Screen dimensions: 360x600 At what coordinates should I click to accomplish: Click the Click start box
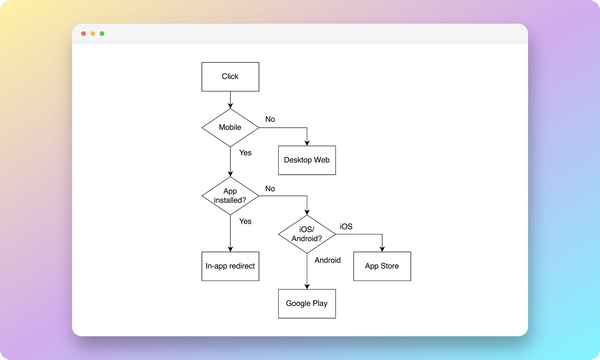click(x=230, y=77)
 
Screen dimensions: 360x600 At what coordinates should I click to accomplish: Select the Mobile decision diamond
click(x=230, y=128)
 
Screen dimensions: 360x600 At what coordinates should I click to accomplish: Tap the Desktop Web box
click(x=307, y=160)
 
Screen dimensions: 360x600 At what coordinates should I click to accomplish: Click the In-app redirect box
click(x=230, y=267)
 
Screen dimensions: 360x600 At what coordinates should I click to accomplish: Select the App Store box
click(x=382, y=267)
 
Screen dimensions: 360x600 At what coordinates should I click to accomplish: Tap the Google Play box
click(x=306, y=303)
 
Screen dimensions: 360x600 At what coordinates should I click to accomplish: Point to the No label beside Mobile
click(x=270, y=120)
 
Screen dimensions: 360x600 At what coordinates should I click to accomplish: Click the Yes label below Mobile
click(x=245, y=153)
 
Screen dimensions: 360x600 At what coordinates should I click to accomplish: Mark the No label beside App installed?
click(x=270, y=188)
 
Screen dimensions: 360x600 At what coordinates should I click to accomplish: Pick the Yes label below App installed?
click(x=245, y=221)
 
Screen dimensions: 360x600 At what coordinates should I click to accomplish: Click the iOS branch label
click(x=346, y=226)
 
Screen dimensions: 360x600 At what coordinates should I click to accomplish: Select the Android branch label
click(x=327, y=260)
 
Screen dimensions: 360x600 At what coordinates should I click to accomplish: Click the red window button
click(x=83, y=34)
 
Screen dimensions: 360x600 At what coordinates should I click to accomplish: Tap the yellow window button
click(x=92, y=34)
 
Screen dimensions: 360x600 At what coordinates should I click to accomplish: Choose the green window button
click(x=102, y=34)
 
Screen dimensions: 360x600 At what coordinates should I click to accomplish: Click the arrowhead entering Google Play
click(x=306, y=284)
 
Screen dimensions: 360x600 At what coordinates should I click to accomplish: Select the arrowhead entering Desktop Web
click(x=307, y=142)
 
